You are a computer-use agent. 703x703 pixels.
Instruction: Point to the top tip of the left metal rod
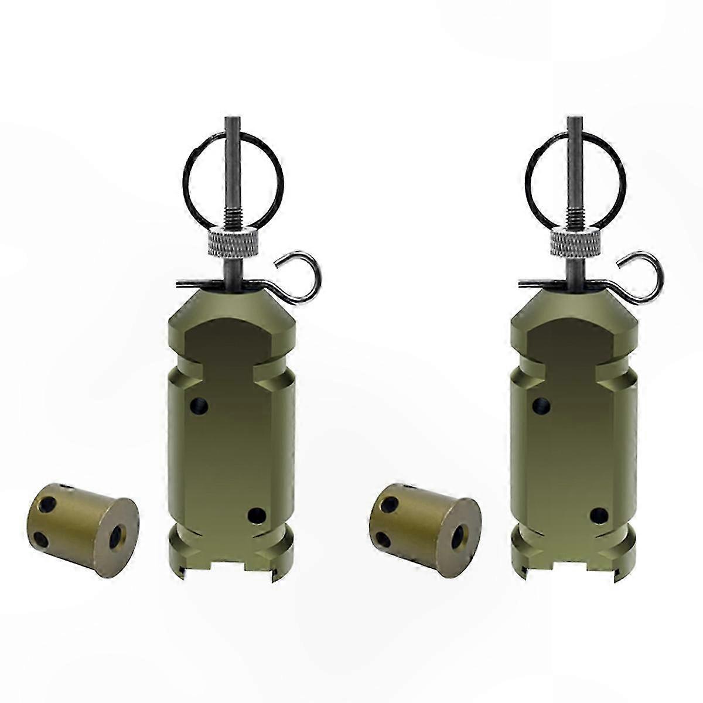pos(231,120)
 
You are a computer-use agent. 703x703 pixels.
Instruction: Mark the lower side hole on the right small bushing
pos(381,520)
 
